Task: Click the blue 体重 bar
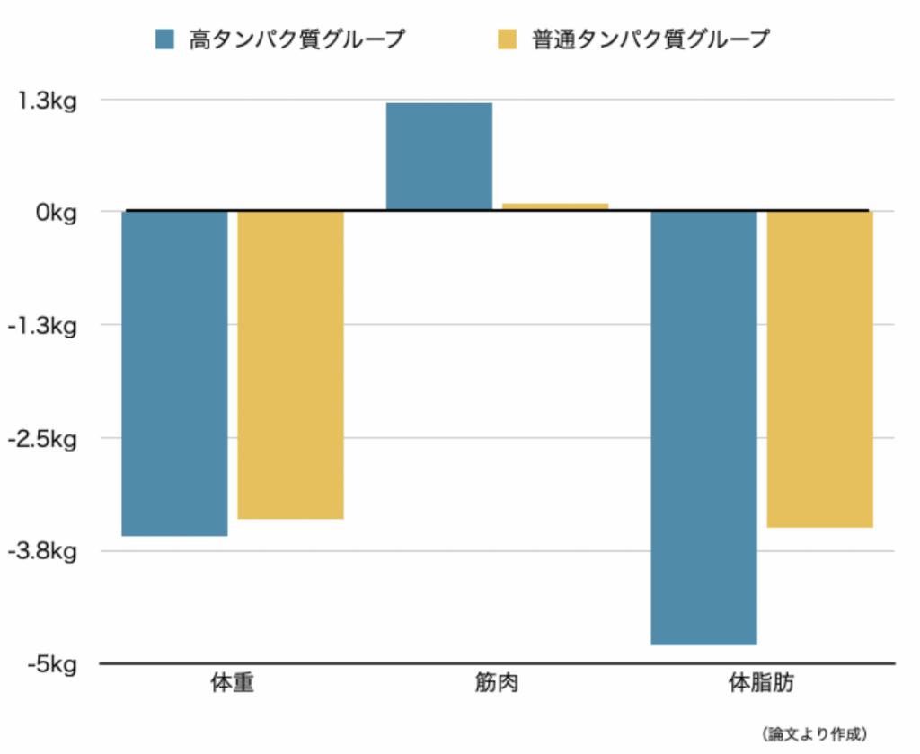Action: pyautogui.click(x=174, y=373)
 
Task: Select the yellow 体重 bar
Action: pyautogui.click(x=290, y=364)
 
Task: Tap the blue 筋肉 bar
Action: pyautogui.click(x=438, y=156)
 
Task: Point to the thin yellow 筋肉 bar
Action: pyautogui.click(x=554, y=206)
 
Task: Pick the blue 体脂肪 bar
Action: pyautogui.click(x=703, y=427)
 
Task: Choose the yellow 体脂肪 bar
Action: pyautogui.click(x=819, y=369)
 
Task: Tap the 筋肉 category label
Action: pyautogui.click(x=497, y=684)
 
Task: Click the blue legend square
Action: pyautogui.click(x=165, y=39)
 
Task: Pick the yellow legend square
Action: pyautogui.click(x=509, y=39)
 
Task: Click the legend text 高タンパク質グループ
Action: pyautogui.click(x=296, y=39)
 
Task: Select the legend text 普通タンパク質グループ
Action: pyautogui.click(x=651, y=39)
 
